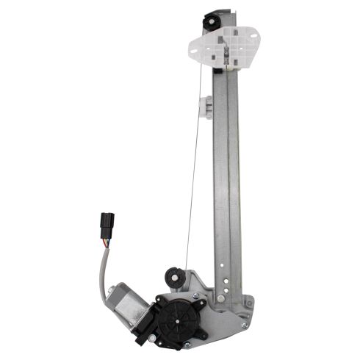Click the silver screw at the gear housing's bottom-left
pyautogui.click(x=152, y=338)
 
